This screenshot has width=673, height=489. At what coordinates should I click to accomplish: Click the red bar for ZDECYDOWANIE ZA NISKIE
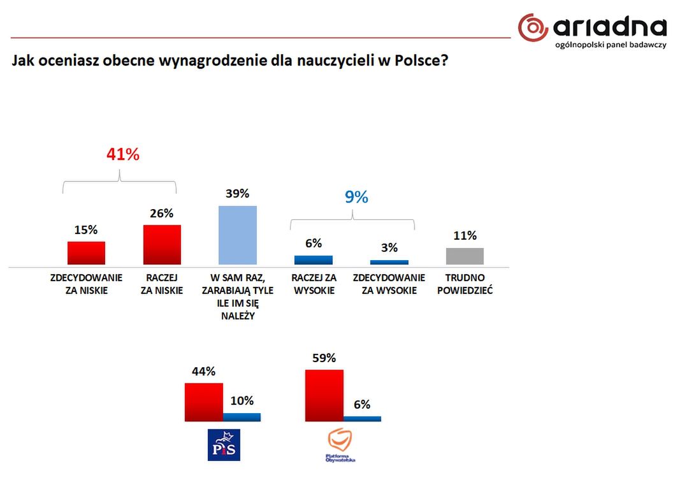(86, 253)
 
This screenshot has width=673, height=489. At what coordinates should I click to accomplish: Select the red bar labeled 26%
(162, 245)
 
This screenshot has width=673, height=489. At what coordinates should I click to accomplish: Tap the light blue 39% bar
(238, 235)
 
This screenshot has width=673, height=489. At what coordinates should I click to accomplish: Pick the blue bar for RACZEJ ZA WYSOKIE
(314, 260)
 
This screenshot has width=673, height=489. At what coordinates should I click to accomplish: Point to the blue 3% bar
(389, 262)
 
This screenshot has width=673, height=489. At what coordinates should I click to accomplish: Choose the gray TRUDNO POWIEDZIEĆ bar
(465, 256)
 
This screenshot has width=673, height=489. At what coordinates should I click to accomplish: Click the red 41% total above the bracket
(122, 154)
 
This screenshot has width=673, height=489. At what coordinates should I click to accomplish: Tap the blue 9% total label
(357, 197)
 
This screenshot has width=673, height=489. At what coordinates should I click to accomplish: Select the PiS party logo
(225, 444)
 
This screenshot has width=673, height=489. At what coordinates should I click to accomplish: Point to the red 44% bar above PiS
(204, 402)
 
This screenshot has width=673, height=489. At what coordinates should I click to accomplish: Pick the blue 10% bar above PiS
(242, 418)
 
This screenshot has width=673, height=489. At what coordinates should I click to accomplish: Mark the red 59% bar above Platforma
(324, 395)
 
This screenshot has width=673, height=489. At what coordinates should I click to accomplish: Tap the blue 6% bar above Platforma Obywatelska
(362, 419)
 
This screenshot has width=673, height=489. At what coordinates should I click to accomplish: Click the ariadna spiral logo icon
(533, 29)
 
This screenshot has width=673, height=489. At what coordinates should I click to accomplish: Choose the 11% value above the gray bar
(465, 235)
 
